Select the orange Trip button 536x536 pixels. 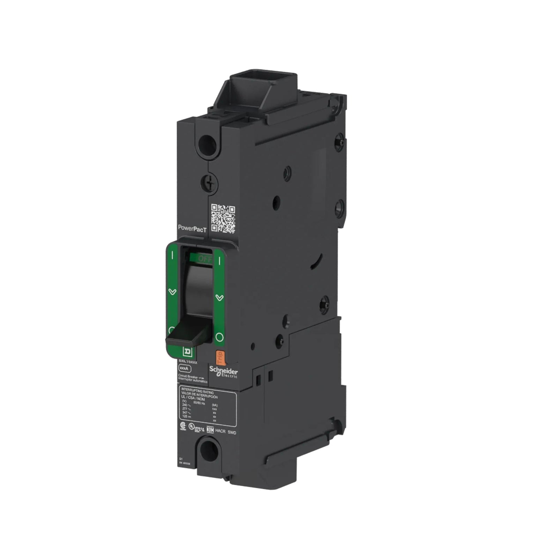point(219,358)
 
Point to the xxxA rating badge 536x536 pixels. point(184,368)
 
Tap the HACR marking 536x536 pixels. point(221,433)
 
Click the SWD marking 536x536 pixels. point(232,433)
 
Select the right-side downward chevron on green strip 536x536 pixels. point(219,298)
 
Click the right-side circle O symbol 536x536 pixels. point(219,337)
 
